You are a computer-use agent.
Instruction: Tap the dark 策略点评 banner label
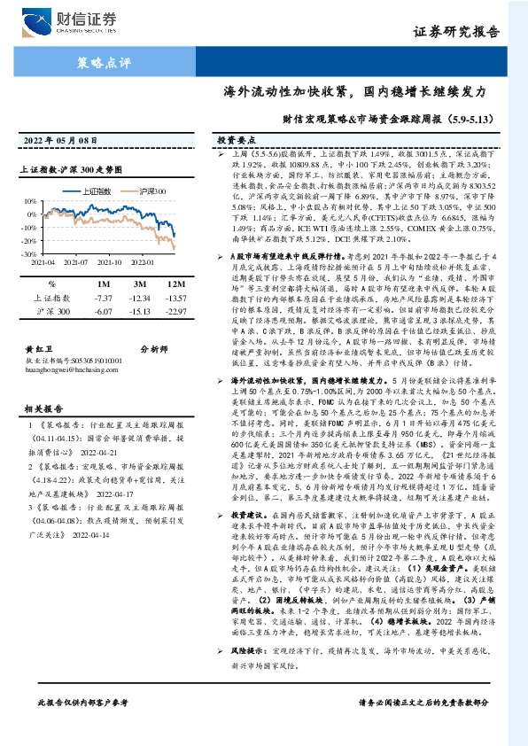point(99,63)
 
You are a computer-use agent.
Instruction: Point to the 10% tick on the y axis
point(30,202)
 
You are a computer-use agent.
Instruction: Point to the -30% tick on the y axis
point(29,254)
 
